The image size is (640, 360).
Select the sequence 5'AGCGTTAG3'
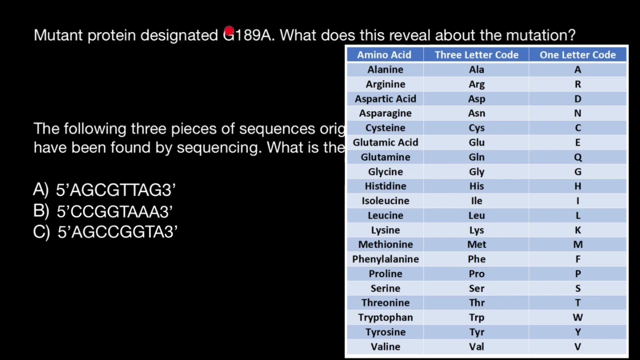click(115, 190)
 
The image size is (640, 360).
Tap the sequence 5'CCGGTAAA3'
click(114, 211)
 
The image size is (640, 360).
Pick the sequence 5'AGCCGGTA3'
click(117, 232)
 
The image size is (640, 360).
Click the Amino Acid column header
click(384, 55)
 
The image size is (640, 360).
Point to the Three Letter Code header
click(476, 55)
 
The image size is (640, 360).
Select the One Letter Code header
click(577, 55)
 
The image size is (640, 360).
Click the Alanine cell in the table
click(385, 69)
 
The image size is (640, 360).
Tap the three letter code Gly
click(476, 171)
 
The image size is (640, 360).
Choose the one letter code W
click(577, 317)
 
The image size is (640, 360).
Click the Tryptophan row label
click(385, 317)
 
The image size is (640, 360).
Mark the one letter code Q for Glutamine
click(577, 157)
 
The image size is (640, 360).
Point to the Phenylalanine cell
click(385, 259)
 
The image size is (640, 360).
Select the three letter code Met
click(476, 244)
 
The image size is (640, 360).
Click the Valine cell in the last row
click(385, 346)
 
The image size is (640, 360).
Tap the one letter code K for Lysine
click(577, 230)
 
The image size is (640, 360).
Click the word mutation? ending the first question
click(540, 35)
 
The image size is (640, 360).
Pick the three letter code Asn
click(476, 113)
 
